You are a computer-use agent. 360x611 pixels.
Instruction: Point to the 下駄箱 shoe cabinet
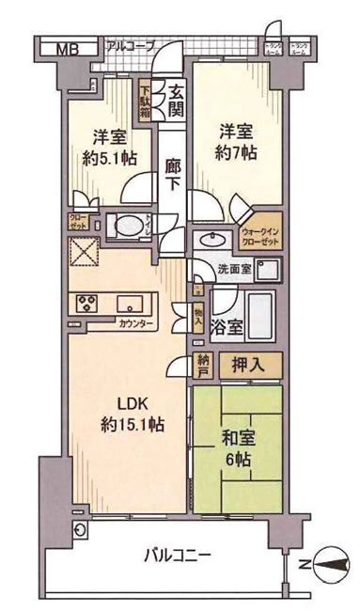(x=146, y=97)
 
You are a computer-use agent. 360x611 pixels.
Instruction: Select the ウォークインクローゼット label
(x=260, y=235)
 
